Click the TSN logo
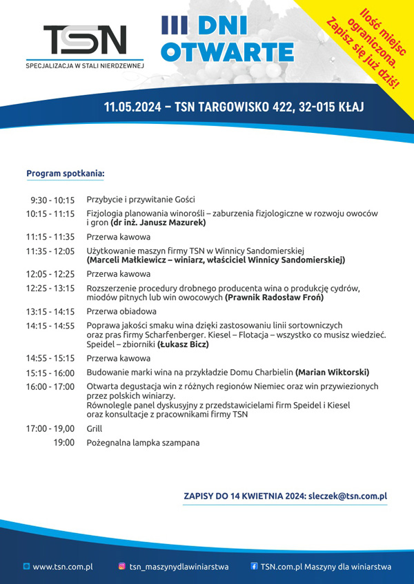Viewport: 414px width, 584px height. point(85,40)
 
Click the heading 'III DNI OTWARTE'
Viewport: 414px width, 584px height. point(228,40)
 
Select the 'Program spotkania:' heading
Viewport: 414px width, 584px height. point(66,174)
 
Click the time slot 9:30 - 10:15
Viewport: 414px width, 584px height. point(52,200)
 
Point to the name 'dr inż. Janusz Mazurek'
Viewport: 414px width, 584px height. point(158,223)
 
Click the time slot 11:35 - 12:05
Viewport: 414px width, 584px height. point(50,251)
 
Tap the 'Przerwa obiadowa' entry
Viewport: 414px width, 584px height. point(121,311)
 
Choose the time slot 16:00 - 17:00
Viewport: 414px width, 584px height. point(50,386)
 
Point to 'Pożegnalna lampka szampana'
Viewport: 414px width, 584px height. point(143,443)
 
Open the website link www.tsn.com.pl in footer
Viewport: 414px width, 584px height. point(63,567)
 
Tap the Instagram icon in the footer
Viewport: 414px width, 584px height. point(122,567)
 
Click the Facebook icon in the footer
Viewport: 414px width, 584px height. point(254,567)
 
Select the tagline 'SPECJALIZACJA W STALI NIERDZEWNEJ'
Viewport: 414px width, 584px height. point(84,66)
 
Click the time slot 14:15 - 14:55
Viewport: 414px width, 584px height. point(50,326)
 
